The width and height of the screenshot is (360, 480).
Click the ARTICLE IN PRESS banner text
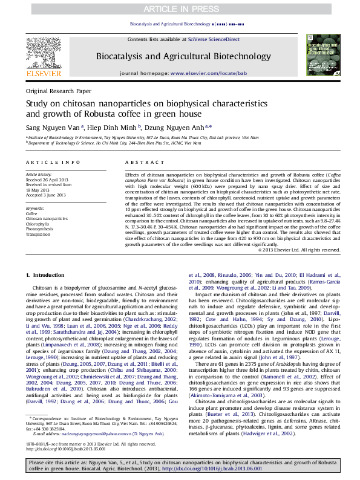pos(180,7)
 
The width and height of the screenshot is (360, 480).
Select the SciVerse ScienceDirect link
pos(214,39)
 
